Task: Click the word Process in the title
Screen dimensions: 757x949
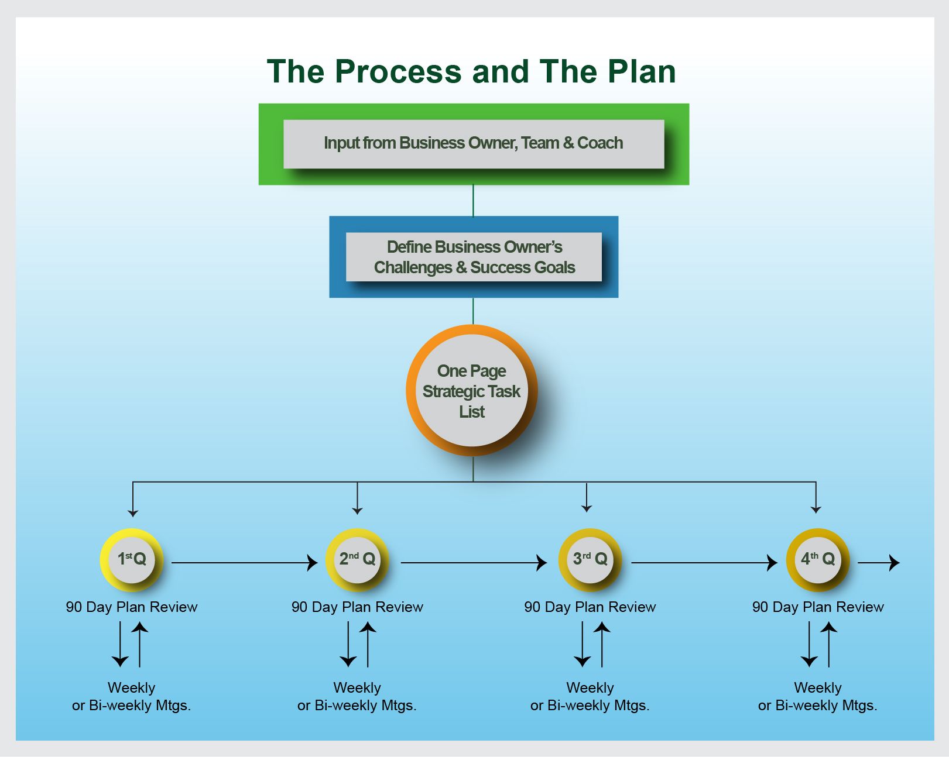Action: [398, 72]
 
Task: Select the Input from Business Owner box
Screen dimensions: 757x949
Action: [473, 144]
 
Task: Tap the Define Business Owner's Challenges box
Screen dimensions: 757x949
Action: [474, 257]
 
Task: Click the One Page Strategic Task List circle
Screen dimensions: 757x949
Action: [472, 391]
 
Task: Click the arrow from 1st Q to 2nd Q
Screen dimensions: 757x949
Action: [244, 563]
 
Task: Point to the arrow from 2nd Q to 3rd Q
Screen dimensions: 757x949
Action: [474, 563]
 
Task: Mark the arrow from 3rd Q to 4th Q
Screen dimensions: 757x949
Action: [704, 563]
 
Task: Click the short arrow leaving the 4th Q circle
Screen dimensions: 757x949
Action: [878, 563]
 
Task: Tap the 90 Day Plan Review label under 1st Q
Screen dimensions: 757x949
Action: [132, 607]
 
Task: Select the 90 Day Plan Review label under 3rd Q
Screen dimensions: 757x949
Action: [590, 607]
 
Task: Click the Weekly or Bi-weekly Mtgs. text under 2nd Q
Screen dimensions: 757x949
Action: [357, 696]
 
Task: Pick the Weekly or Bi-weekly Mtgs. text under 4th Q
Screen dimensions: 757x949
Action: [817, 696]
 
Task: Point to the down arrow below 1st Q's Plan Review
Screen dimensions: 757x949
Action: [120, 644]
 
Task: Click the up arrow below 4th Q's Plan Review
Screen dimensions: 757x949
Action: [829, 644]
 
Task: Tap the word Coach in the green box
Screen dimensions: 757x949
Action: [600, 143]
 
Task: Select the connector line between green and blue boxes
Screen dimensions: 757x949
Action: [473, 201]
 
